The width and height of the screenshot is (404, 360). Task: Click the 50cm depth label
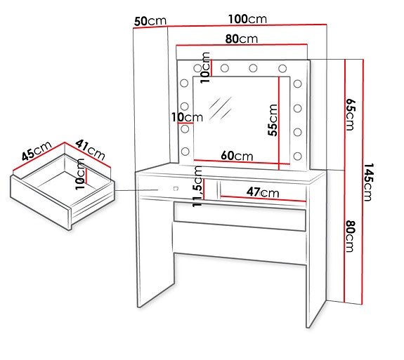[150, 21]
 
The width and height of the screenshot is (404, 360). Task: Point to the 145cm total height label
[371, 182]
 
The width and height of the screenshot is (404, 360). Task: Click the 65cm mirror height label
[351, 114]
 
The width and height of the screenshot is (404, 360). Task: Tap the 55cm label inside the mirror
[273, 119]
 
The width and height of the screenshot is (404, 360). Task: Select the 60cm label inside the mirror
[235, 155]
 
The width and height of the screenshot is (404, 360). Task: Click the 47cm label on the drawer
[262, 192]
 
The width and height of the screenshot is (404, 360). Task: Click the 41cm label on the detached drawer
[91, 149]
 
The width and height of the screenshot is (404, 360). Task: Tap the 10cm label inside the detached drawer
[80, 174]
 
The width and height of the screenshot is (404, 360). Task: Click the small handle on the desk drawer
[174, 188]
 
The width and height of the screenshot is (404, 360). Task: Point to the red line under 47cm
[262, 199]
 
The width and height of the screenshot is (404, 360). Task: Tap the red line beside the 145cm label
[362, 182]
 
